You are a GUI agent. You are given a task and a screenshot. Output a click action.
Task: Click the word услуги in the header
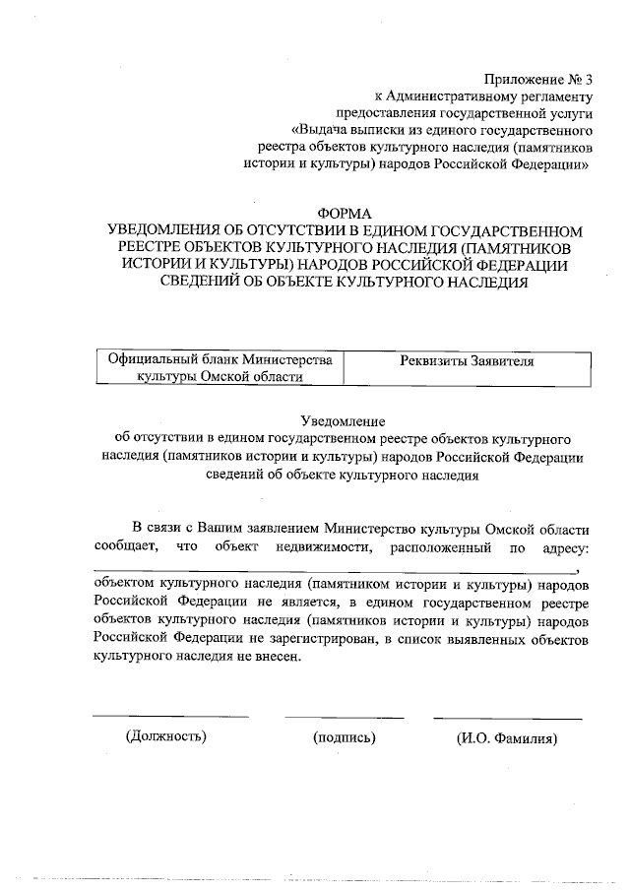pos(568,113)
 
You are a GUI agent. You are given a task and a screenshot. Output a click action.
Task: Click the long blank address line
pos(335,571)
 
